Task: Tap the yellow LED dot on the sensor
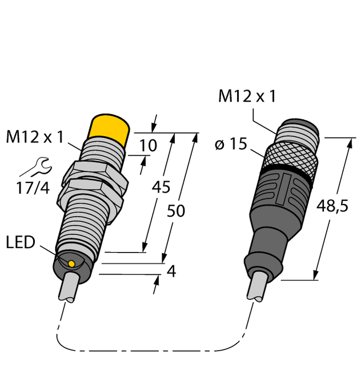(71, 263)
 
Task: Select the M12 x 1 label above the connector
(247, 97)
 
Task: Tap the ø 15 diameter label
(230, 145)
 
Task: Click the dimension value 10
(148, 146)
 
